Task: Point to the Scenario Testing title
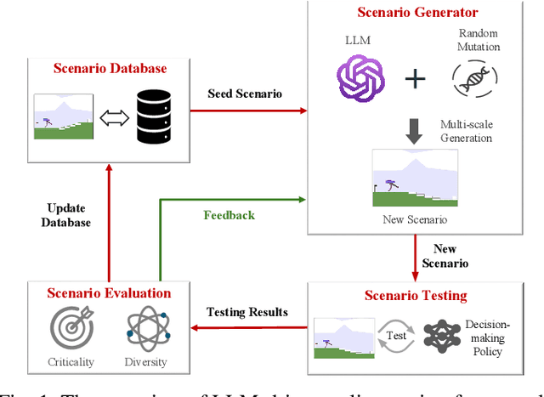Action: click(x=416, y=296)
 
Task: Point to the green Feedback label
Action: click(x=229, y=215)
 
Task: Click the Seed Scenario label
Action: click(x=246, y=94)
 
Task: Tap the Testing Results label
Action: click(x=247, y=312)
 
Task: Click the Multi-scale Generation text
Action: click(x=466, y=131)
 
